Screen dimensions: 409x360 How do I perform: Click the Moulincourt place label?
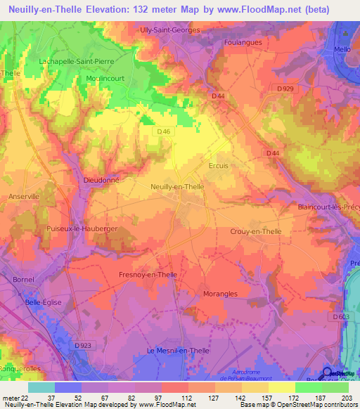tap(105, 80)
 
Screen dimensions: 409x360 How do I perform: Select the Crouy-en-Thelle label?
tap(259, 231)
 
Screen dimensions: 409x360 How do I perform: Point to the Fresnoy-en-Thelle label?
tap(148, 275)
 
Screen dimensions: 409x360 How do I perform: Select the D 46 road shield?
tap(164, 131)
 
